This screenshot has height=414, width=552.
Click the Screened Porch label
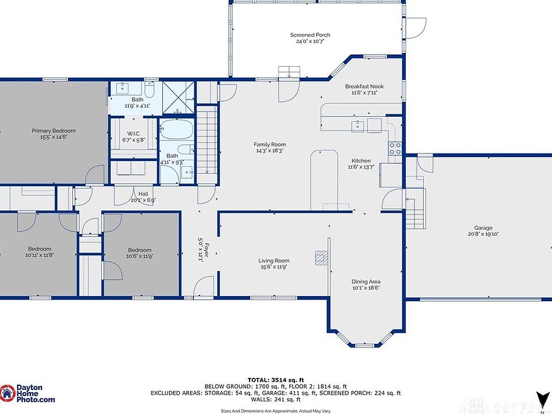(x=310, y=35)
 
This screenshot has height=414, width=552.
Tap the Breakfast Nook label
(x=365, y=86)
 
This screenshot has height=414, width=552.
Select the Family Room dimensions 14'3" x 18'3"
(x=270, y=151)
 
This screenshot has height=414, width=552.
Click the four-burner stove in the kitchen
(x=394, y=148)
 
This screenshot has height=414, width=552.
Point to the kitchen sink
(x=358, y=125)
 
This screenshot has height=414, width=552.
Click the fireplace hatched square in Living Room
(x=321, y=258)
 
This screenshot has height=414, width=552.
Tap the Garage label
(x=483, y=228)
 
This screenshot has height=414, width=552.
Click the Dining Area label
(x=366, y=282)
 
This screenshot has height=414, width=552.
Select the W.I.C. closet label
(x=134, y=133)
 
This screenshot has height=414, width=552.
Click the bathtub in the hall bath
(x=177, y=129)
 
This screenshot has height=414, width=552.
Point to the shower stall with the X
(x=178, y=98)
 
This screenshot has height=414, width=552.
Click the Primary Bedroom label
(x=53, y=131)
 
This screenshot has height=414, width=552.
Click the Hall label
(x=143, y=194)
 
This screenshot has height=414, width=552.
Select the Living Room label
(x=274, y=261)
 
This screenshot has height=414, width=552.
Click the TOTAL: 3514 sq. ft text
(x=275, y=380)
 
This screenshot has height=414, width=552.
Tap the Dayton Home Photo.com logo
(x=28, y=393)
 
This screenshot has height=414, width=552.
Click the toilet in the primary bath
(x=149, y=90)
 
